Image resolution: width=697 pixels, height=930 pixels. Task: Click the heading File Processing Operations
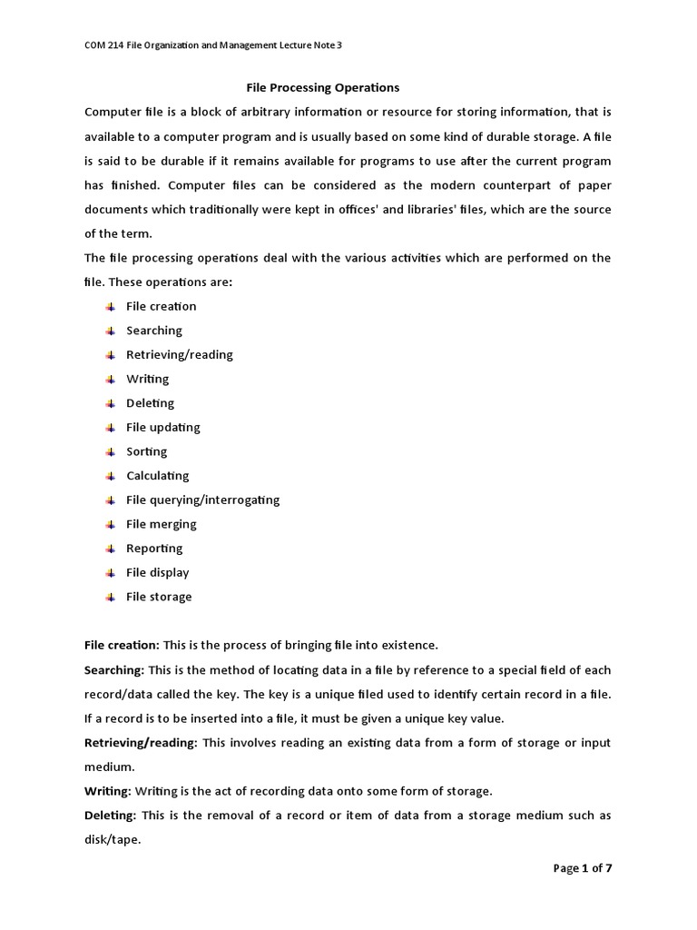click(x=323, y=88)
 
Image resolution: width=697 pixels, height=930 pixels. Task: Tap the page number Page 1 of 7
click(x=583, y=868)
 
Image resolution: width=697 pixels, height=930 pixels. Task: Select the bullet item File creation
click(x=161, y=306)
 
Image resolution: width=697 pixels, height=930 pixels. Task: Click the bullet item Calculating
click(x=157, y=476)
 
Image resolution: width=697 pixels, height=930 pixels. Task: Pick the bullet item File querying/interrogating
click(x=202, y=500)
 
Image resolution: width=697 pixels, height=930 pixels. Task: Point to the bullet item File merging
click(x=161, y=524)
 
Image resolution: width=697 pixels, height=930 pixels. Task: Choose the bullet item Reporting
click(x=154, y=549)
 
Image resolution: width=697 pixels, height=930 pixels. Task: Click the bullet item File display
click(x=157, y=572)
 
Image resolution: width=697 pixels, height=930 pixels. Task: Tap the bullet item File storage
click(x=159, y=597)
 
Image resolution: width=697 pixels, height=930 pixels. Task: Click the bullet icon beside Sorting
click(x=109, y=451)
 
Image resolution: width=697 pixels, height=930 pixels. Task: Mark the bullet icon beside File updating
click(x=109, y=428)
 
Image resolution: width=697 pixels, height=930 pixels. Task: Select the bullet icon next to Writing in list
click(x=109, y=379)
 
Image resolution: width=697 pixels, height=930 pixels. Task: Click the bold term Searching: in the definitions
click(x=114, y=670)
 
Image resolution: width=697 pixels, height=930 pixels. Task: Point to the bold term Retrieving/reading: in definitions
click(x=141, y=743)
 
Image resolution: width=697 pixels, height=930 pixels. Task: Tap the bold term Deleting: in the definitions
click(x=110, y=816)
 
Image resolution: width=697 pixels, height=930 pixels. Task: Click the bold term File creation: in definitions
click(x=122, y=646)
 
